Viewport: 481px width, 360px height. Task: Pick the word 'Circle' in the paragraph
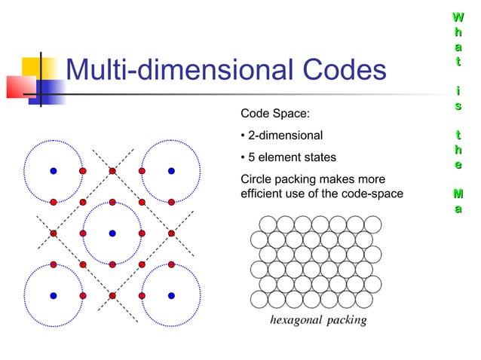click(256, 180)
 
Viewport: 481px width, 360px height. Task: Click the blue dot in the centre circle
click(112, 233)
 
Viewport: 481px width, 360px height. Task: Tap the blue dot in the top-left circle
click(53, 171)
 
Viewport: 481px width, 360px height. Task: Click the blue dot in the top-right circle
click(171, 171)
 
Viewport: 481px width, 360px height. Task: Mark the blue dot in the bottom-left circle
click(53, 294)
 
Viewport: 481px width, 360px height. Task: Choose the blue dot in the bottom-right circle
click(171, 294)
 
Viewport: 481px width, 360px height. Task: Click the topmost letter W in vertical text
click(457, 15)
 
